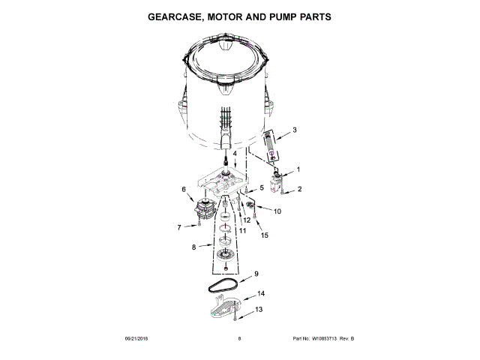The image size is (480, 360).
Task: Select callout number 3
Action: click(295, 130)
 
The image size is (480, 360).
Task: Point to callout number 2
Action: click(299, 189)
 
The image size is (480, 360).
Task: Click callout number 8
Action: click(194, 245)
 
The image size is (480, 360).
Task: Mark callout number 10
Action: click(277, 212)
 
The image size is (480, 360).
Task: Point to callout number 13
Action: click(259, 308)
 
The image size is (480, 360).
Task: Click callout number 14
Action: click(261, 293)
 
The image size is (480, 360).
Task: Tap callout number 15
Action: click(264, 235)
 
